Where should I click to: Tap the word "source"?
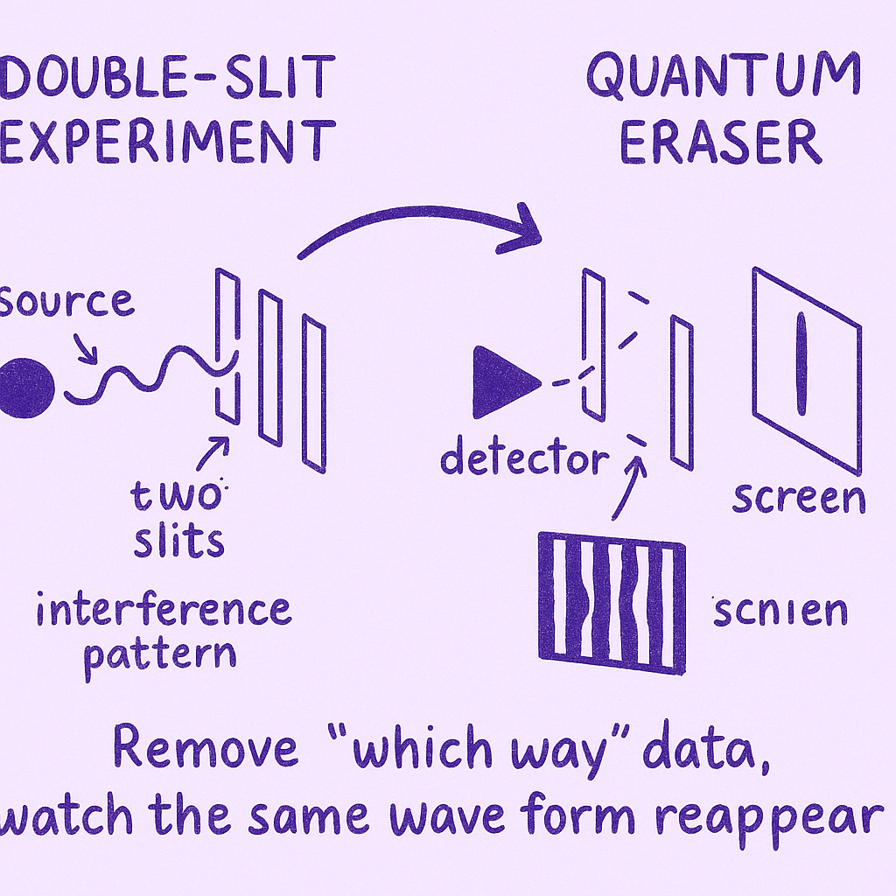[68, 302]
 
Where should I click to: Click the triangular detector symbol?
[501, 382]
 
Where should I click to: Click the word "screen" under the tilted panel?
[798, 497]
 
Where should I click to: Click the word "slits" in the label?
[179, 542]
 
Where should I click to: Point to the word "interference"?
[164, 609]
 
